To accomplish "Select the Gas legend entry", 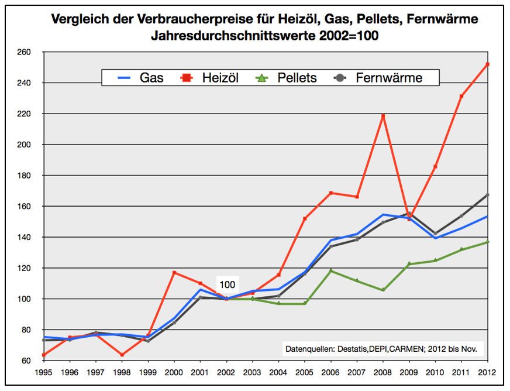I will [140, 78].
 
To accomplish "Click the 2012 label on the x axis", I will [488, 372].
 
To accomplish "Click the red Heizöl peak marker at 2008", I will [383, 116].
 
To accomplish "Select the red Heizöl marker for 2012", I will [488, 64].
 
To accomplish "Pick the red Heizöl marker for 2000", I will [174, 273].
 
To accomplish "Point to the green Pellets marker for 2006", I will [331, 270].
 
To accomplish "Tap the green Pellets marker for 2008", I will [383, 290].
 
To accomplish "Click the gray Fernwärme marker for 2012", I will [488, 195].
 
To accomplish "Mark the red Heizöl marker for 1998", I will [122, 355].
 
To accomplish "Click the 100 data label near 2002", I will [227, 285].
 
